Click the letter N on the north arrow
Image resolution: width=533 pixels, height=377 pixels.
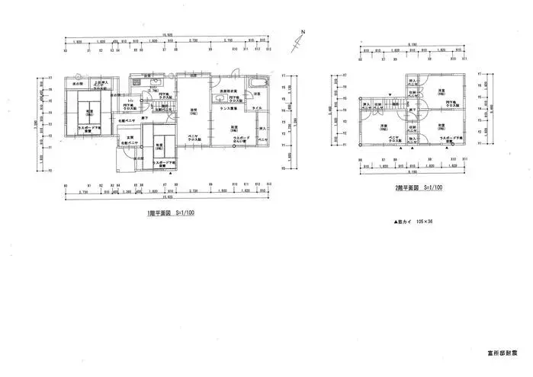[x=302, y=31]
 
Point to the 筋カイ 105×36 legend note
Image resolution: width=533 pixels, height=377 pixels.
[x=413, y=221]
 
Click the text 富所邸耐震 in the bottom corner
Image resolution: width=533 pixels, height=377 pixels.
[x=502, y=353]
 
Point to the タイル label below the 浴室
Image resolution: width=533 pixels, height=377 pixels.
[x=257, y=108]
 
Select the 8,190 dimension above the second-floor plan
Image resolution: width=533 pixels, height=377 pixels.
[x=411, y=43]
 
